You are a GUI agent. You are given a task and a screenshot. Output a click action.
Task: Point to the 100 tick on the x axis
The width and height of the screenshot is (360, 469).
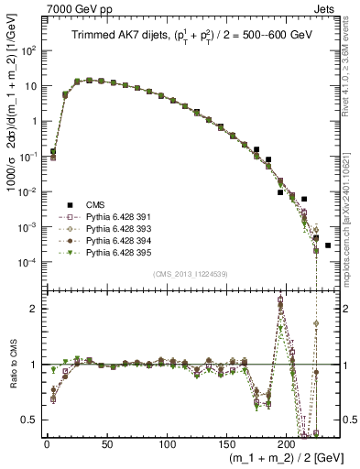click(x=167, y=443)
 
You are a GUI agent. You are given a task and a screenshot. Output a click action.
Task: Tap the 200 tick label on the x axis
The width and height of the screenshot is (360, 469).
click(x=287, y=443)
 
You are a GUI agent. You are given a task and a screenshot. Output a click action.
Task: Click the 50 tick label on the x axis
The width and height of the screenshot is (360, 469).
click(x=106, y=443)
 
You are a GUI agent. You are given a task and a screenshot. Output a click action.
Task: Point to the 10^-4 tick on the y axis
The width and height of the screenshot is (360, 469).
click(x=31, y=262)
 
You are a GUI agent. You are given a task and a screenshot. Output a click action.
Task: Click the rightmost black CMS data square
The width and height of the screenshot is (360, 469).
click(x=328, y=245)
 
